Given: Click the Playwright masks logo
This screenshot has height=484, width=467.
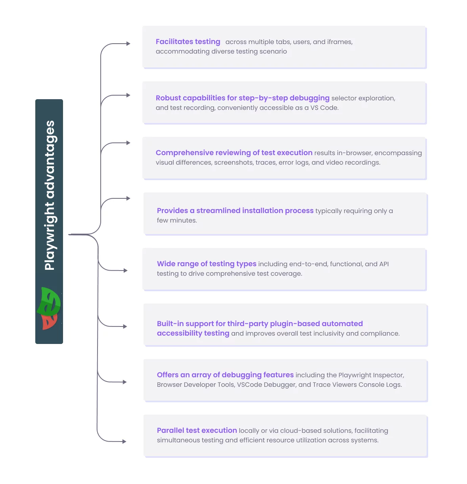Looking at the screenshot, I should tap(49, 308).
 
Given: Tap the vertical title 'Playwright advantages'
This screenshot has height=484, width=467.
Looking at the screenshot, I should tap(50, 196).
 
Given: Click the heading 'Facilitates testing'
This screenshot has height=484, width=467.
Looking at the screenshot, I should tap(188, 42).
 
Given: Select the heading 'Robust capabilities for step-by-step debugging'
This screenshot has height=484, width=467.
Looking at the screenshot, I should tap(242, 98).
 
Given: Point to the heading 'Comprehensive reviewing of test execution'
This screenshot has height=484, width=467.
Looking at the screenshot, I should tap(234, 153).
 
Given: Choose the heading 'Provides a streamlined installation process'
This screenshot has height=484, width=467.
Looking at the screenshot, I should tap(235, 211).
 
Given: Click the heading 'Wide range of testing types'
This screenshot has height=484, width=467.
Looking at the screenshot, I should tap(207, 264).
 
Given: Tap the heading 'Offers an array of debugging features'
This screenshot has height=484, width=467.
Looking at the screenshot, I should tap(225, 375).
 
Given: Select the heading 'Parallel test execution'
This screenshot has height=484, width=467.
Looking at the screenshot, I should tap(197, 430).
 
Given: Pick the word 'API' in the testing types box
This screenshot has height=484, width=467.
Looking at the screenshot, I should tap(384, 264).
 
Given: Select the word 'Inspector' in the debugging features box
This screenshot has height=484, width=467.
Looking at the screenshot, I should tap(388, 375).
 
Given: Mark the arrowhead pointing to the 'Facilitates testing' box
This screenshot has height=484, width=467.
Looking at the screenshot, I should tap(128, 44).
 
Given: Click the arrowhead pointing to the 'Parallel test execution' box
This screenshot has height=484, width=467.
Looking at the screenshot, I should tap(124, 442).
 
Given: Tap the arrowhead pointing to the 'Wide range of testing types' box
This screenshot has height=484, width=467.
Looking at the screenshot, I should tap(125, 271).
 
